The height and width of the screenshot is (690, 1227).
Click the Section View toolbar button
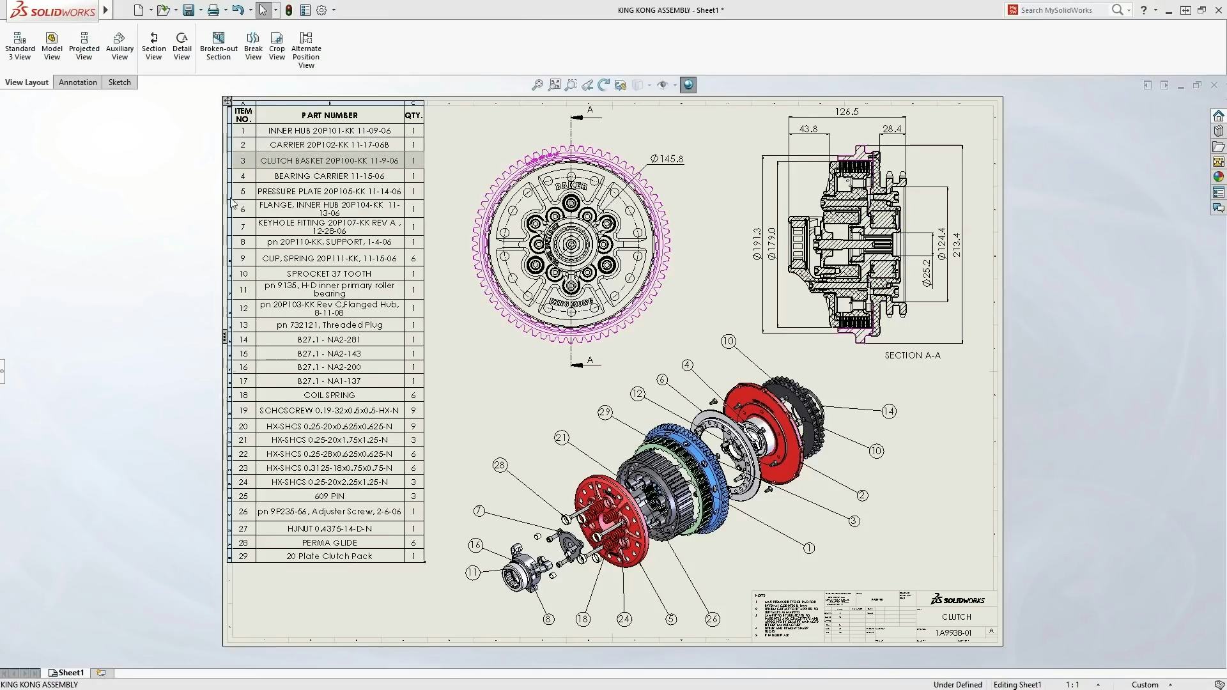[153, 47]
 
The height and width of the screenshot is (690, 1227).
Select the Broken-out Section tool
[219, 47]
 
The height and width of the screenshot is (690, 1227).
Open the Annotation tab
[78, 82]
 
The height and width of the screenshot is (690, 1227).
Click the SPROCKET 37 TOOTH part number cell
[329, 273]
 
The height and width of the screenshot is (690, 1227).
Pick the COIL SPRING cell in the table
[329, 395]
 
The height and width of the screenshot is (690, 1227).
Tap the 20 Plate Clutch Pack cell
[329, 556]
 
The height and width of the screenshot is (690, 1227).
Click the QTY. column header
[413, 116]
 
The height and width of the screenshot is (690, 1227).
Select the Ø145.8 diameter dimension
[667, 158]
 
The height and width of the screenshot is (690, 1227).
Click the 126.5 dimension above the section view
[847, 112]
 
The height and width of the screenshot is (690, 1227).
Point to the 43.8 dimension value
[808, 129]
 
